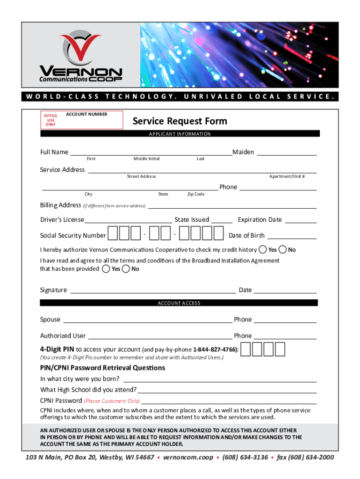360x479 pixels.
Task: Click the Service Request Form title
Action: point(180,121)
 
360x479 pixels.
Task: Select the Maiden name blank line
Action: point(287,152)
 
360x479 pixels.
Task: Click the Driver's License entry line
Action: point(128,220)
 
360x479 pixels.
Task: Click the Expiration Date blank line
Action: point(301,220)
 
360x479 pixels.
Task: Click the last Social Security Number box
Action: point(218,233)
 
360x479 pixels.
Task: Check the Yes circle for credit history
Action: point(263,249)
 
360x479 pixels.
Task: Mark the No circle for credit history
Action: point(283,249)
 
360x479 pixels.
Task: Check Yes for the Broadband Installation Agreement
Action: point(107,269)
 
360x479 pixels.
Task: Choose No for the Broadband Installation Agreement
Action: point(126,269)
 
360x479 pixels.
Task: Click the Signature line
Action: point(152,290)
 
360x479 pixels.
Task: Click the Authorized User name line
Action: point(159,336)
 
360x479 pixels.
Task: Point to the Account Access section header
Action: point(180,303)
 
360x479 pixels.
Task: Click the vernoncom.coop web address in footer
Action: point(188,457)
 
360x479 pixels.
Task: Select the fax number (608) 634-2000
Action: point(305,457)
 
